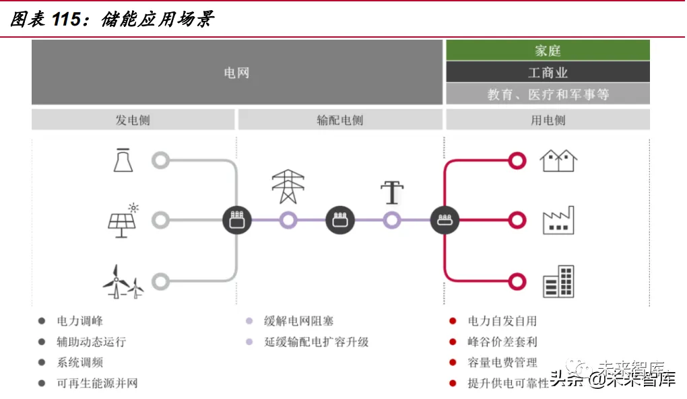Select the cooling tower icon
(123, 160)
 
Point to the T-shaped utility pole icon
(392, 192)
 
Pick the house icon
(559, 160)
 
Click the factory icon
(559, 221)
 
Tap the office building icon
(559, 282)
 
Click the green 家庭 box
(548, 50)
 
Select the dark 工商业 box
(548, 72)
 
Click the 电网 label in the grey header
(236, 73)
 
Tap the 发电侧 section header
(133, 120)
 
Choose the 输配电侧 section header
(340, 120)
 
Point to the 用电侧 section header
(548, 120)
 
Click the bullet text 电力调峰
(80, 322)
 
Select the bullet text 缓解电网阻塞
(299, 322)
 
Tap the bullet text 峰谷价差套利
(502, 342)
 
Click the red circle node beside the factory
(517, 220)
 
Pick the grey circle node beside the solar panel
(160, 220)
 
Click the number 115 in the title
(66, 20)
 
